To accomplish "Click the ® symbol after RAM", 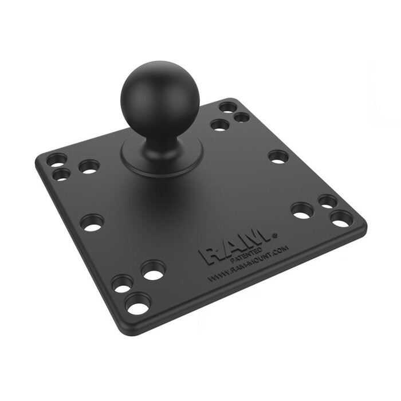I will click(276, 234).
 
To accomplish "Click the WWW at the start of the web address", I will click(215, 276).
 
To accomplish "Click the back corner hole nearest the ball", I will click(219, 124).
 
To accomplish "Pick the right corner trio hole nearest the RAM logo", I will click(301, 210).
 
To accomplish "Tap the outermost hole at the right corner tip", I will click(341, 219).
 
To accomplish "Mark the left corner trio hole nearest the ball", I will click(89, 167).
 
